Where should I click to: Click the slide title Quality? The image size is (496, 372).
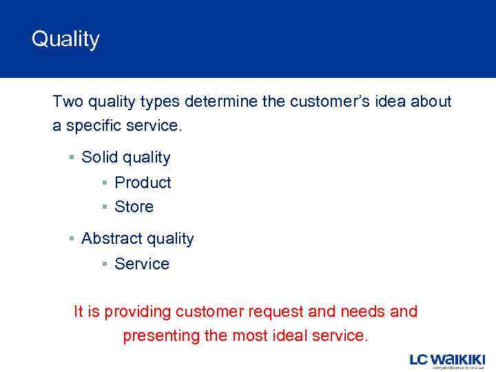tap(65, 39)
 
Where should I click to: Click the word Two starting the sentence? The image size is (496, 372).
tap(68, 102)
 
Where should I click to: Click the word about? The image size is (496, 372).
tap(431, 102)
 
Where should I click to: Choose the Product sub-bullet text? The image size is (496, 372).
tap(143, 183)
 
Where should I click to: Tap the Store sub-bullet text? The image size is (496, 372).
tap(134, 207)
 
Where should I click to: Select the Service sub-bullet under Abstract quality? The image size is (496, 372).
tap(142, 264)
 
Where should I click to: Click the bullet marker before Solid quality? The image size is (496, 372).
tap(72, 157)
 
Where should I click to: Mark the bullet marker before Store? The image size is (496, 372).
tap(105, 207)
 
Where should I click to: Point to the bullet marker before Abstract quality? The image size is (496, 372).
tap(72, 238)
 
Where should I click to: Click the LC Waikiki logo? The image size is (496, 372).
tap(447, 360)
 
